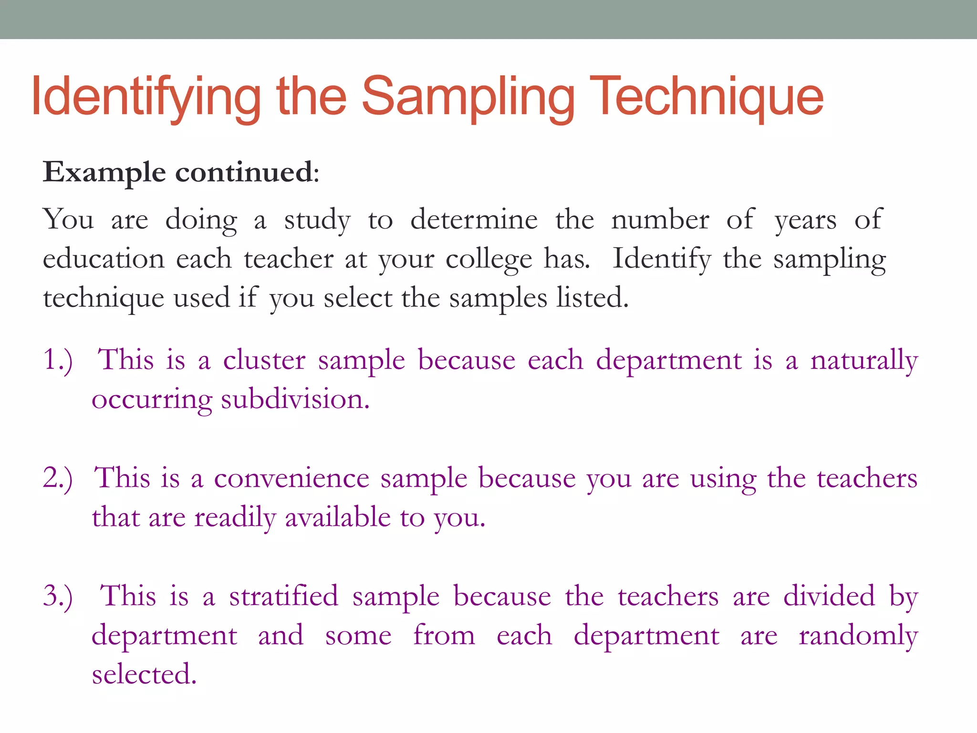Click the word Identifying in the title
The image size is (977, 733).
pos(146,98)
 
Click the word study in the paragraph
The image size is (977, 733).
pos(317,220)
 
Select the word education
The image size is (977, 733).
pos(104,259)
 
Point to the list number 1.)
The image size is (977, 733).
pos(58,360)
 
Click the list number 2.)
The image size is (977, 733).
pos(58,478)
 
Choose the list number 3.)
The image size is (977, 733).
pos(58,597)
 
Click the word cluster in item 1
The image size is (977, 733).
pos(264,360)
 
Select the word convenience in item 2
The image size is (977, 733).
pos(291,478)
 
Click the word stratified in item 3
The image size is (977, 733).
pos(283,596)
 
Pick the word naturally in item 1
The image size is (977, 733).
pos(864,361)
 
